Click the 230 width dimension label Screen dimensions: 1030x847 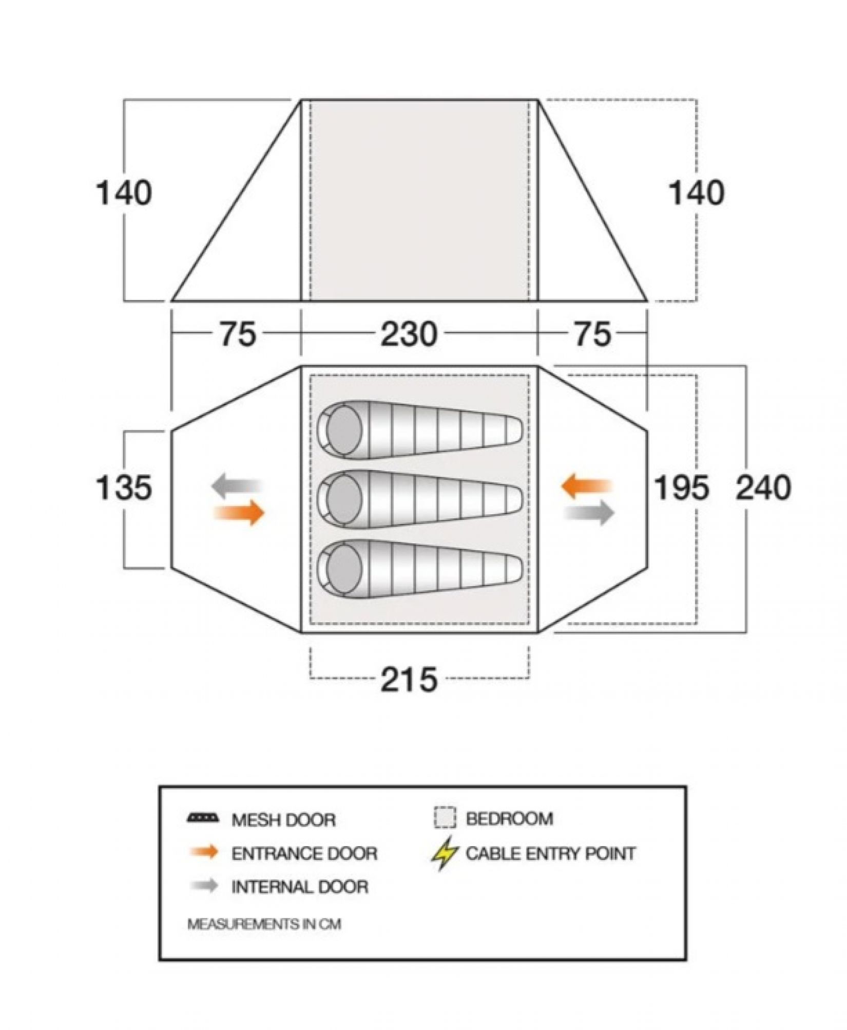click(x=409, y=334)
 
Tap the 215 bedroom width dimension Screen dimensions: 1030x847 click(x=409, y=679)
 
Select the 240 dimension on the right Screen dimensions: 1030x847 click(x=763, y=488)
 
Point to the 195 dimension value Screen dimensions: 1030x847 click(x=681, y=488)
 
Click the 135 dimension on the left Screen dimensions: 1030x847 click(x=124, y=488)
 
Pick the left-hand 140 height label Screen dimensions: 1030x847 click(x=124, y=193)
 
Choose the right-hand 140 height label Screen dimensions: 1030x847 click(x=697, y=193)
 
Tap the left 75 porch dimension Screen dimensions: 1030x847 click(x=238, y=334)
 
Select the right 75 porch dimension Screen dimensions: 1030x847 click(x=593, y=334)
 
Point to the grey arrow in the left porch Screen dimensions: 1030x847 click(x=237, y=485)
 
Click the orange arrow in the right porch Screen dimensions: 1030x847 click(x=587, y=485)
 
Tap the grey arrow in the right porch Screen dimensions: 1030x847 click(x=589, y=513)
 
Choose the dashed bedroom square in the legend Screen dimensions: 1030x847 click(x=445, y=818)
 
